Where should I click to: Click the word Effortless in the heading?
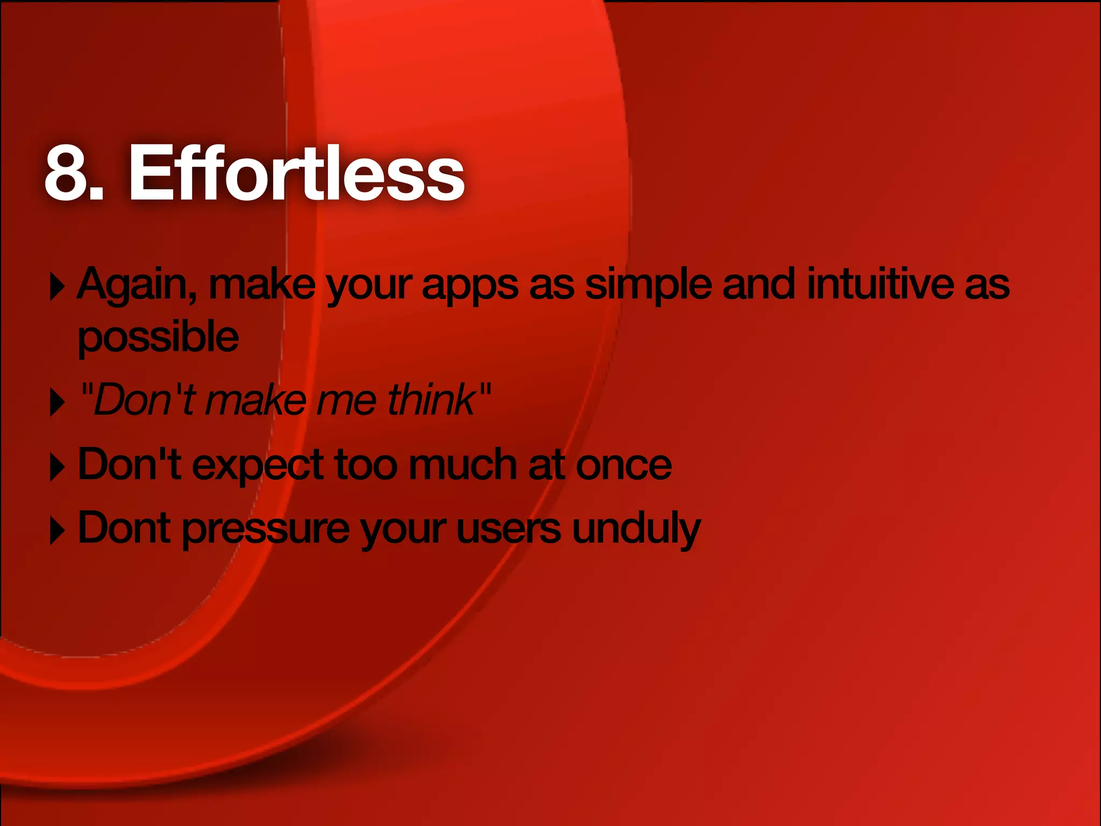point(296,174)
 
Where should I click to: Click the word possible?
point(158,338)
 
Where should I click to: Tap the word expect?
point(258,466)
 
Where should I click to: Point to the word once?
point(624,466)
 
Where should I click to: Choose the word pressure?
point(266,530)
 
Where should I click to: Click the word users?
point(509,529)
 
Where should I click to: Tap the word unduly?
point(637,530)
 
